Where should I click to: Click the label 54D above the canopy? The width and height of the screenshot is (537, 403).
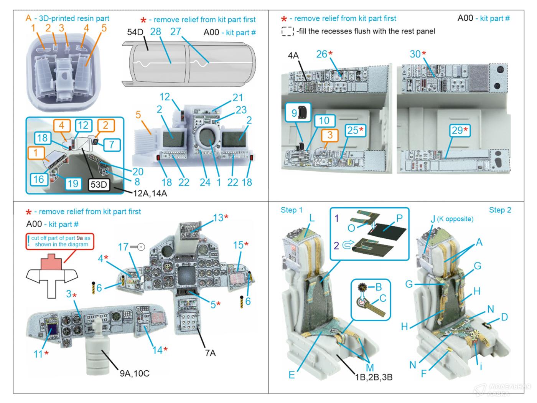(135, 32)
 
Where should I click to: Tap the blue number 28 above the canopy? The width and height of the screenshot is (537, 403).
(155, 31)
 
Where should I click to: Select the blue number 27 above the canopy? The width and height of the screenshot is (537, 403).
(175, 31)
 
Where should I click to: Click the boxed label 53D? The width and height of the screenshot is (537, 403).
(99, 185)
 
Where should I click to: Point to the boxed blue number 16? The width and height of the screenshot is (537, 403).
(38, 179)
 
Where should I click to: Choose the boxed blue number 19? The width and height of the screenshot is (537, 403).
(72, 183)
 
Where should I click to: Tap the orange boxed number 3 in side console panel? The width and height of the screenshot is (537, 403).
(329, 135)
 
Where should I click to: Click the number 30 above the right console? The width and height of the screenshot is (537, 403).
(415, 54)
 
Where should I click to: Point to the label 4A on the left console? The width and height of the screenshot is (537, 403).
(293, 56)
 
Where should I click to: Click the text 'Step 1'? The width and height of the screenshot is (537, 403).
(292, 210)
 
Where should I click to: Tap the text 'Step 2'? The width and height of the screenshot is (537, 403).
(500, 210)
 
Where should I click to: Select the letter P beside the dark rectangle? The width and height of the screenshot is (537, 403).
(399, 218)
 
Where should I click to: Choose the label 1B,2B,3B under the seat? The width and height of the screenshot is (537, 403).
(374, 377)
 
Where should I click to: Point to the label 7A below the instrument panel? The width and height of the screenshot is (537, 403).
(210, 352)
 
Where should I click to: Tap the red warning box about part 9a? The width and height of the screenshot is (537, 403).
(60, 241)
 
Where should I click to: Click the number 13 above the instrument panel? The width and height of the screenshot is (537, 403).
(218, 218)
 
